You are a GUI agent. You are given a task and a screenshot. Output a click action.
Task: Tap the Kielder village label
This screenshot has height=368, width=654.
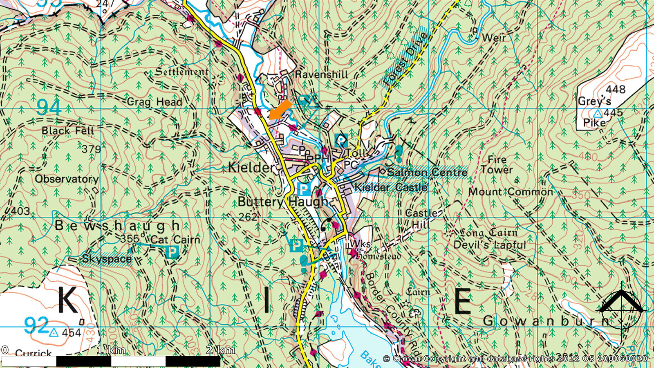(x=251, y=167)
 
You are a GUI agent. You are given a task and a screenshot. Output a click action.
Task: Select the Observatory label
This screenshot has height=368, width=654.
(x=67, y=179)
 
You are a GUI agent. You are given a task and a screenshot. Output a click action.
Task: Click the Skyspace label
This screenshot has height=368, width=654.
(x=106, y=259)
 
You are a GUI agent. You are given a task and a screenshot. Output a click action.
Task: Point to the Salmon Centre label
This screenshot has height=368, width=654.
(x=427, y=172)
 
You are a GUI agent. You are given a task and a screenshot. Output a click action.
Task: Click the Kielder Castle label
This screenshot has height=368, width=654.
(x=390, y=187)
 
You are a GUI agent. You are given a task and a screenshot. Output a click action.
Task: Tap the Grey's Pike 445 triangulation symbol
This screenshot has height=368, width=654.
(x=598, y=113)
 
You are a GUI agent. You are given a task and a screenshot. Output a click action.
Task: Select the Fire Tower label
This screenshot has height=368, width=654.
(x=497, y=165)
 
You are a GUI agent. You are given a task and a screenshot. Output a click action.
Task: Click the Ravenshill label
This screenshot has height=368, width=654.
(x=321, y=74)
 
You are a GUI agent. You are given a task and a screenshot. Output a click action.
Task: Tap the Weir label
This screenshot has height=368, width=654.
(x=494, y=38)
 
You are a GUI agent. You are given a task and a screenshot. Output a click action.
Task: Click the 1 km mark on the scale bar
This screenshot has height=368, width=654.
(x=111, y=350)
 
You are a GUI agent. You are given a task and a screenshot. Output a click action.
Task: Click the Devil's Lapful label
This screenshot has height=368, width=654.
(x=490, y=245)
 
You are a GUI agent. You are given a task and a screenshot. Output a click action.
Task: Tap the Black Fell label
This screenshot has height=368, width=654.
(x=68, y=131)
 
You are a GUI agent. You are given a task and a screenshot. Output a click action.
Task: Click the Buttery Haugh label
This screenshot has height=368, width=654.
(x=283, y=202)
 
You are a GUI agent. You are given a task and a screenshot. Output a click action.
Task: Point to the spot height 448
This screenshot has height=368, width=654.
(x=616, y=89)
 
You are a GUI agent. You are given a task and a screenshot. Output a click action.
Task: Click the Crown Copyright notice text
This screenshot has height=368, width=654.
(x=515, y=359)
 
